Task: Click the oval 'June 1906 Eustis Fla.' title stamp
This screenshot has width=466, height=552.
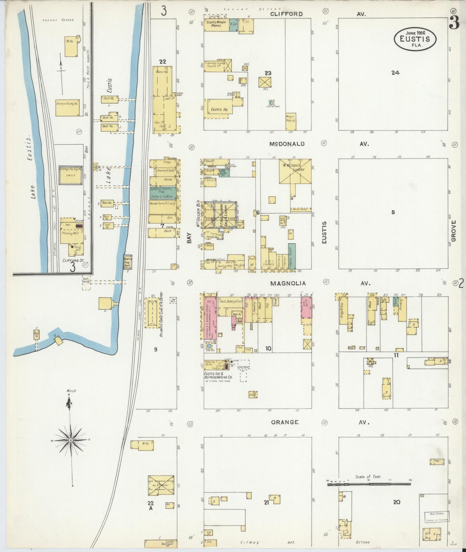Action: click(415, 39)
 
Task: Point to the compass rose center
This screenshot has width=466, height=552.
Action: click(71, 440)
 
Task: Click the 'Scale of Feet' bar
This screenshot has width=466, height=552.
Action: click(368, 484)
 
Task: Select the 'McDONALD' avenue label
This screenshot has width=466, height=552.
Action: click(287, 144)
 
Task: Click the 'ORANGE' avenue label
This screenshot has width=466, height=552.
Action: click(284, 422)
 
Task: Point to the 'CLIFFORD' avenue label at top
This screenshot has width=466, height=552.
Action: click(286, 14)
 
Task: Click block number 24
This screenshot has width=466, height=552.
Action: click(395, 73)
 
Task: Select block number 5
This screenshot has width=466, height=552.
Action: click(393, 212)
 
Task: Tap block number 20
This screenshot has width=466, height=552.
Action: click(396, 502)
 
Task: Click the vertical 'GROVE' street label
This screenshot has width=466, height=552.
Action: click(453, 231)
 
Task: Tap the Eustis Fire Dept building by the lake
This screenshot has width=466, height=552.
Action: click(128, 262)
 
